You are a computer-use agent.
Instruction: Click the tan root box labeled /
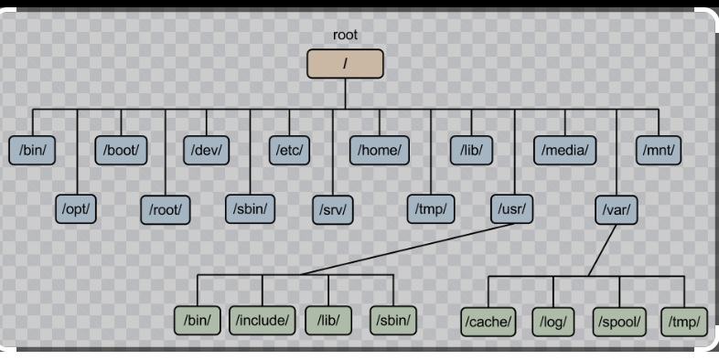pyautogui.click(x=345, y=64)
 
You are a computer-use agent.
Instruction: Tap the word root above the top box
pyautogui.click(x=346, y=36)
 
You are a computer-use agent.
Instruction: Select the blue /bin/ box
pyautogui.click(x=32, y=149)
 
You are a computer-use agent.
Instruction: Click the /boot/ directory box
pyautogui.click(x=121, y=149)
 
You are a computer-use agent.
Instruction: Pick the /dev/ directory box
pyautogui.click(x=207, y=149)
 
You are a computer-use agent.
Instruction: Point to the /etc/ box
pyautogui.click(x=291, y=149)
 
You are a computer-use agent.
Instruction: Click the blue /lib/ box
pyautogui.click(x=472, y=149)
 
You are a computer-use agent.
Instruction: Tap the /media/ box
pyautogui.click(x=564, y=149)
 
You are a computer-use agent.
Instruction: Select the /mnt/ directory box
pyautogui.click(x=660, y=149)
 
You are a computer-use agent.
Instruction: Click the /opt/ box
pyautogui.click(x=77, y=208)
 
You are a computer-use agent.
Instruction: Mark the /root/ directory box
pyautogui.click(x=166, y=208)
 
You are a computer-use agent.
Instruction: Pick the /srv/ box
pyautogui.click(x=335, y=208)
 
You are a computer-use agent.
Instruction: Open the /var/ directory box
pyautogui.click(x=618, y=208)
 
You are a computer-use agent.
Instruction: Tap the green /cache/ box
pyautogui.click(x=489, y=321)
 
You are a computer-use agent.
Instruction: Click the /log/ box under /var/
pyautogui.click(x=557, y=321)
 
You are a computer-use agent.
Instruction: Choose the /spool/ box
pyautogui.click(x=620, y=321)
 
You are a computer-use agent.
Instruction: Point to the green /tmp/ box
pyautogui.click(x=684, y=321)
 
